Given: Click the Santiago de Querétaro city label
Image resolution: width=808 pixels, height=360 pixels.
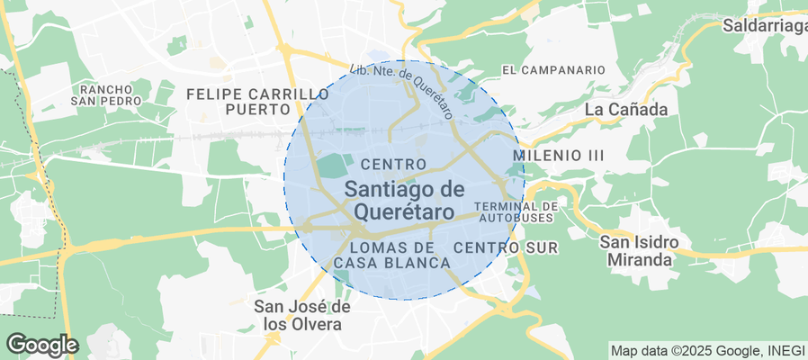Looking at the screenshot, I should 404,200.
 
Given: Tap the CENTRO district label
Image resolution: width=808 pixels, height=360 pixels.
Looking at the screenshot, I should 392,164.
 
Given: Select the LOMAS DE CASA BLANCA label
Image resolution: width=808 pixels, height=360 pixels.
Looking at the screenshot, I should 391,255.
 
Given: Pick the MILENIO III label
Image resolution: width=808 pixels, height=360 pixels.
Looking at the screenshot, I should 558,156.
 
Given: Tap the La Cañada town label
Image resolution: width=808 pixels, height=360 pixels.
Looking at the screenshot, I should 626,110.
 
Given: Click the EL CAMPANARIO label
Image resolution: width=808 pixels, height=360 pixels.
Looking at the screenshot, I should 553,69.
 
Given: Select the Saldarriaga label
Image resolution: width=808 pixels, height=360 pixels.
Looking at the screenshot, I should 765,26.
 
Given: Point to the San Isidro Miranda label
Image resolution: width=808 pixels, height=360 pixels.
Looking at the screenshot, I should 638,251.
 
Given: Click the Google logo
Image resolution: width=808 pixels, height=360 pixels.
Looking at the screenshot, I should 41,344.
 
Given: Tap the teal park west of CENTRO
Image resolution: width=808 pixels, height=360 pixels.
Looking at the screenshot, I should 331,166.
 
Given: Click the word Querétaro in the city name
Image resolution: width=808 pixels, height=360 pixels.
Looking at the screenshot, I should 404,211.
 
